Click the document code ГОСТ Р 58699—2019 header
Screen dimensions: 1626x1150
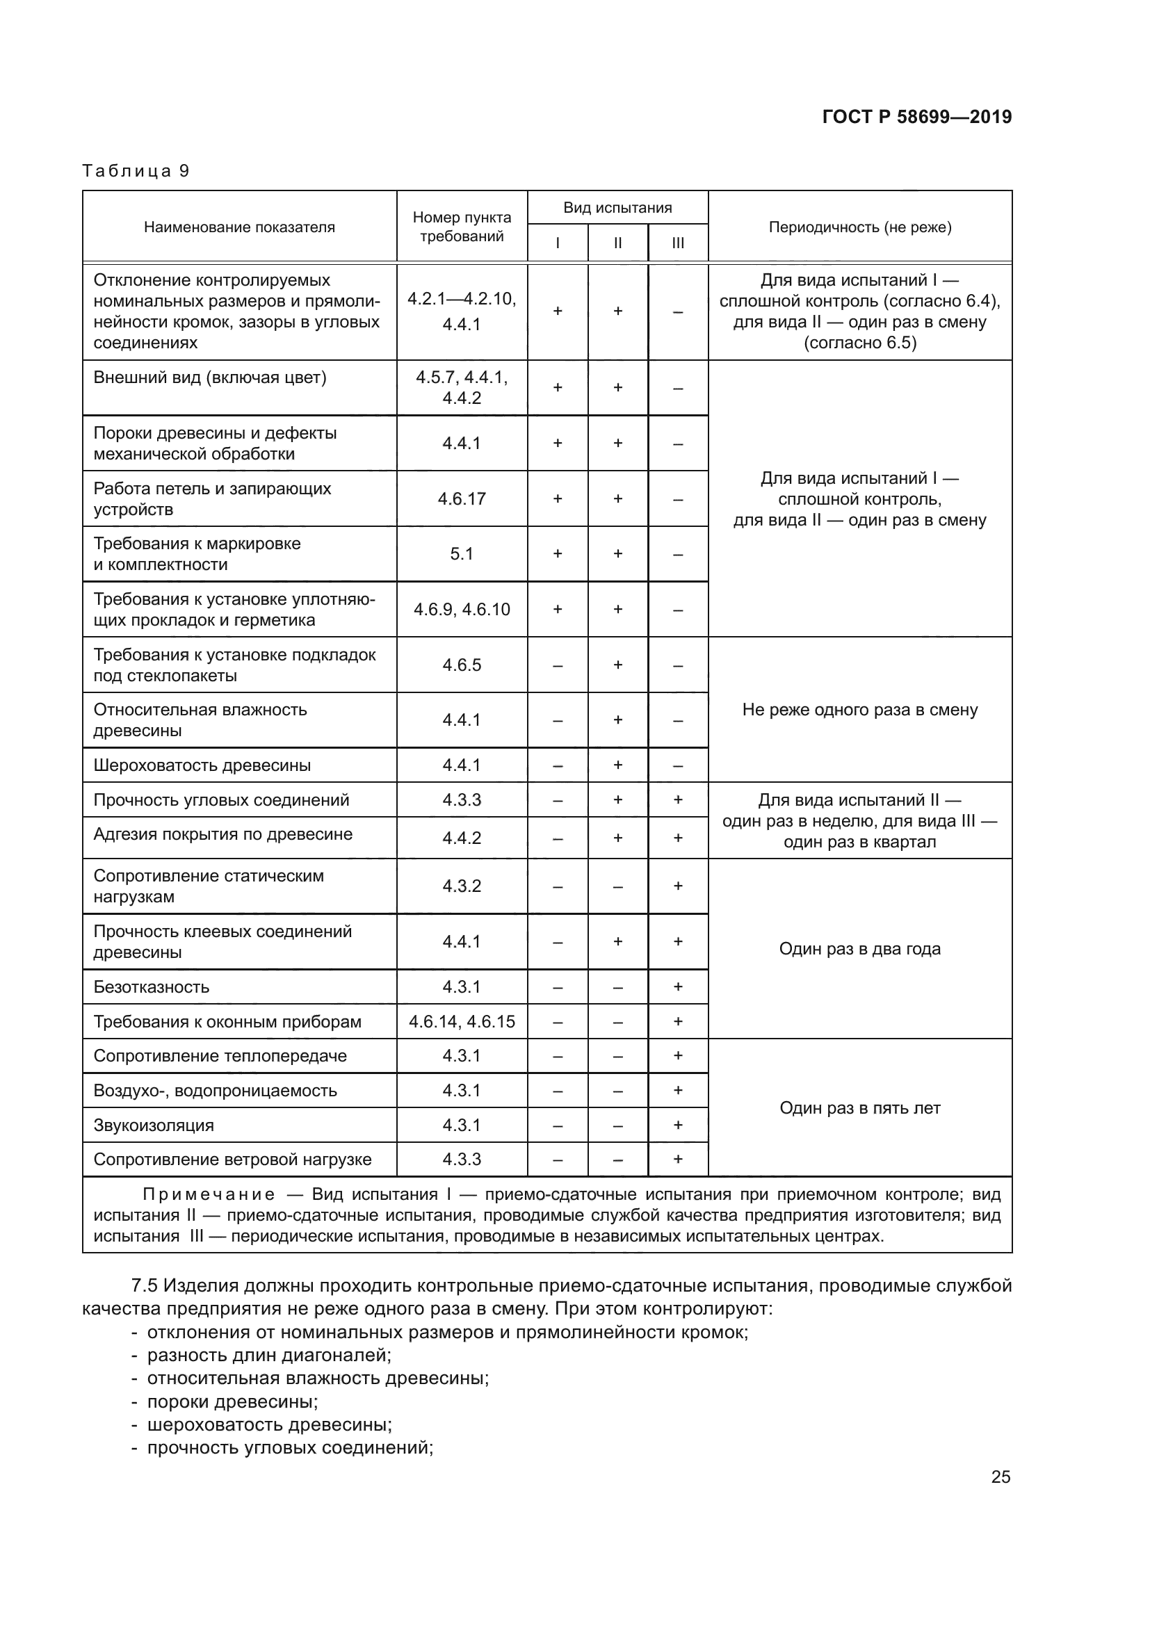(x=916, y=117)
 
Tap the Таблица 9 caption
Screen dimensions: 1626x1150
(x=136, y=172)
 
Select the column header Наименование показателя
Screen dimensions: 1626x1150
(x=239, y=227)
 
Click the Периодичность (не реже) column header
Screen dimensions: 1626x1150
(x=859, y=227)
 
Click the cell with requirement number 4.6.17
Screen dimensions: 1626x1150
(x=462, y=498)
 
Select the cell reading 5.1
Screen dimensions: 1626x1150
(x=462, y=554)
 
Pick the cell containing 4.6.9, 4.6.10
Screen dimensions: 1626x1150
(x=462, y=610)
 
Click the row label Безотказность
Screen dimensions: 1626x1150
(x=152, y=987)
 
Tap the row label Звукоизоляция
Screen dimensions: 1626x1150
(x=154, y=1125)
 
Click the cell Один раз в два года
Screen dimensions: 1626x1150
(x=859, y=949)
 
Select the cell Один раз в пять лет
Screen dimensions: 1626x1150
(x=859, y=1108)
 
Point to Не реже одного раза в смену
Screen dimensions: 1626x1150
(x=859, y=710)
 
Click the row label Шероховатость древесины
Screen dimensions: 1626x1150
(x=202, y=765)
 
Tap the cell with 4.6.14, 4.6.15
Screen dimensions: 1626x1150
(x=462, y=1022)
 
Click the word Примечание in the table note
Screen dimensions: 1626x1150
(x=208, y=1195)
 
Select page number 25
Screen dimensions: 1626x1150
(x=1000, y=1477)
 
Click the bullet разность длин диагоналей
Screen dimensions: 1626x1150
(x=269, y=1356)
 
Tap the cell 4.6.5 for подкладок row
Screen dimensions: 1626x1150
(x=462, y=665)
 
